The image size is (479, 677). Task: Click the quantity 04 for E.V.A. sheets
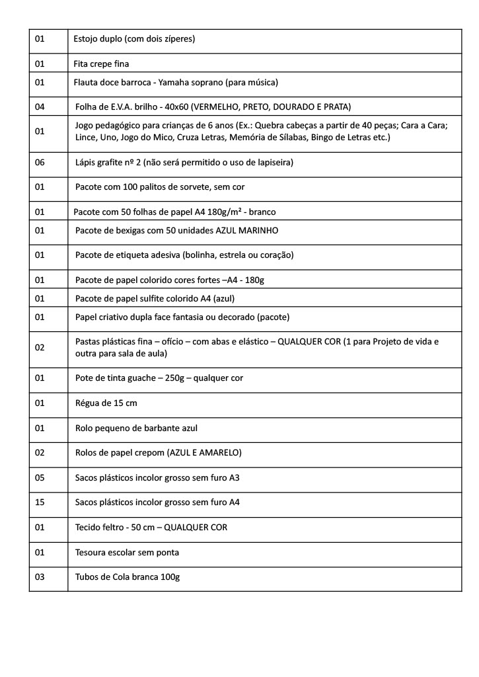[x=40, y=106]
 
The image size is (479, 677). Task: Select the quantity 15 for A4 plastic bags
[x=40, y=502]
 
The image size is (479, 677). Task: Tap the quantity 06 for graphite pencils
[x=40, y=162]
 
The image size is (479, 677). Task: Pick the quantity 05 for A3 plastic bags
[x=40, y=477]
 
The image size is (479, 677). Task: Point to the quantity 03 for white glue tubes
[x=40, y=577]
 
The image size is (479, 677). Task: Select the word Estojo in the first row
[x=87, y=39]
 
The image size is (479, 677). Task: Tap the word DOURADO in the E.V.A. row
[x=291, y=106]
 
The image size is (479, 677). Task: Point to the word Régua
[x=89, y=403]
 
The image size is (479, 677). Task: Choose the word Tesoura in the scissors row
[x=91, y=552]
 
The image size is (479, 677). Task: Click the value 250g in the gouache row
[x=176, y=378]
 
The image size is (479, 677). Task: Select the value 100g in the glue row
[x=170, y=577]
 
